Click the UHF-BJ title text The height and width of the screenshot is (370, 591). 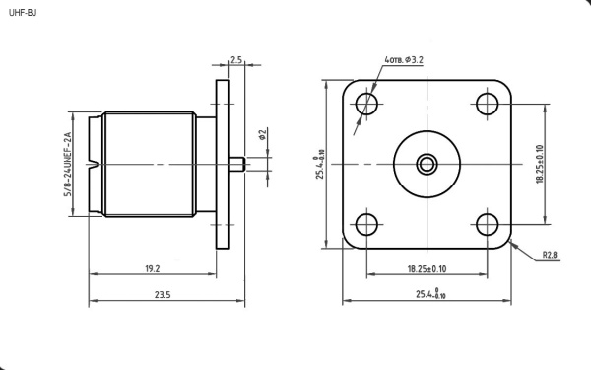click(22, 12)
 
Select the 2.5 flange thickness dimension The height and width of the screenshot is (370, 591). click(236, 60)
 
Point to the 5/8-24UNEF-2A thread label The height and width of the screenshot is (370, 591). click(68, 164)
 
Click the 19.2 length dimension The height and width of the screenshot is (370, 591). click(153, 268)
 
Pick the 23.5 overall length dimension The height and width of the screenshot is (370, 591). click(163, 295)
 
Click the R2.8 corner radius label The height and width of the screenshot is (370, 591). click(550, 255)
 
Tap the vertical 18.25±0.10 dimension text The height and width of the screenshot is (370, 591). click(540, 164)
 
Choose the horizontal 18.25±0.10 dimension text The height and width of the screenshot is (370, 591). click(427, 268)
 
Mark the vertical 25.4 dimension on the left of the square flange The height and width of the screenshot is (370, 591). click(319, 164)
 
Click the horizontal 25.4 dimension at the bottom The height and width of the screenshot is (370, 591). click(429, 294)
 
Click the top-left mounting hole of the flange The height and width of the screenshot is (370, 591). click(366, 103)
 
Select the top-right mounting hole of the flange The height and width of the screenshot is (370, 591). click(488, 103)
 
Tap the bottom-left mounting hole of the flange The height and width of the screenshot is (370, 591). click(366, 224)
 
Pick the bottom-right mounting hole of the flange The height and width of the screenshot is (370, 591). click(488, 224)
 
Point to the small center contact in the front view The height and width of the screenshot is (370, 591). click(427, 164)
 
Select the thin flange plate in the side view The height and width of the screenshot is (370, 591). click(223, 164)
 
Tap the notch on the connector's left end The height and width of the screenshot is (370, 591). click(92, 163)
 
